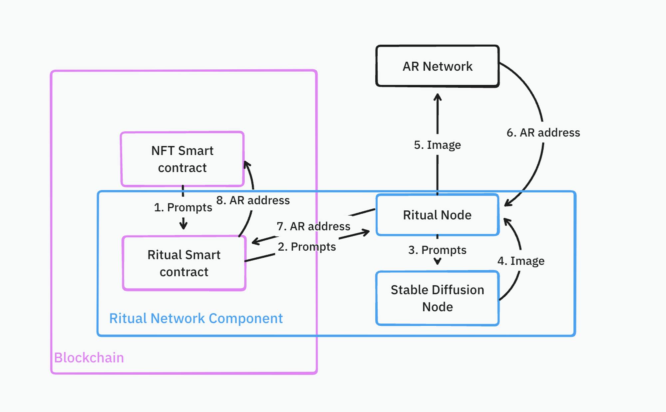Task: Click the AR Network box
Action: point(437,66)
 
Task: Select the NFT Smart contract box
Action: point(182,159)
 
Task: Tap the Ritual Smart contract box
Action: point(184,263)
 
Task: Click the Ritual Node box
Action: point(437,215)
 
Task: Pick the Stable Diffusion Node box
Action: point(437,298)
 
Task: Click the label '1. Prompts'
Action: point(183,207)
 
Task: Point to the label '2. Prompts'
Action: point(307,247)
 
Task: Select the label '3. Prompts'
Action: point(437,250)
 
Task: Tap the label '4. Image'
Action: point(521,261)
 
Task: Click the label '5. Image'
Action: point(437,145)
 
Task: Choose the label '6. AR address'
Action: point(543,133)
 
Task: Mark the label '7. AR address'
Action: point(313,226)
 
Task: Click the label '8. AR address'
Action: point(253,200)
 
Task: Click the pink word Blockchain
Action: point(89,358)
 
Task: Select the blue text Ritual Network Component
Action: point(196,318)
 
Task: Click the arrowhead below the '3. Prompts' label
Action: point(438,262)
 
